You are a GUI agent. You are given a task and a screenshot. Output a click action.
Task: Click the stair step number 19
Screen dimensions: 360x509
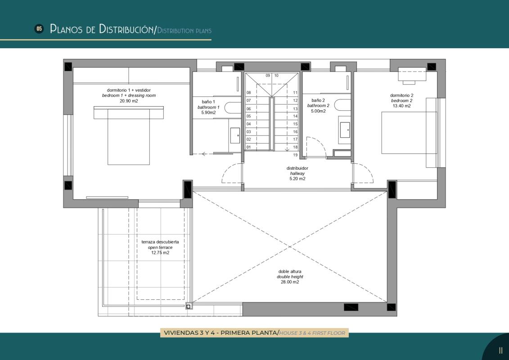coord(295,155)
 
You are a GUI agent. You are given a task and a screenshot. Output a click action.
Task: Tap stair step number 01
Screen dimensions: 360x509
coord(248,147)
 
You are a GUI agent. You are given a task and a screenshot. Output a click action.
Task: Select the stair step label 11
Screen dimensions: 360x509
coord(295,93)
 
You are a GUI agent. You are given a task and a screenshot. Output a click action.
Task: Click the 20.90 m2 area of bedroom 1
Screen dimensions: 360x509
coord(129,101)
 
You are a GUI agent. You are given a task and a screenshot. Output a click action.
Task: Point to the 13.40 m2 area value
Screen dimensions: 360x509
coord(401,106)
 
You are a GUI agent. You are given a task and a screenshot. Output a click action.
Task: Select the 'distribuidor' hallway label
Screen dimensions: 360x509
coord(297,168)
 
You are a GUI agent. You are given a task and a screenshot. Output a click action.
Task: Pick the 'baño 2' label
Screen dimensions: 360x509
coord(318,100)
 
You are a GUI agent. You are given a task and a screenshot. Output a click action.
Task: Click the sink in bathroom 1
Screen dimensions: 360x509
coord(235,135)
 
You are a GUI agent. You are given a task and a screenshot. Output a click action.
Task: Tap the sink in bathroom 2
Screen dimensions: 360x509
coord(345,130)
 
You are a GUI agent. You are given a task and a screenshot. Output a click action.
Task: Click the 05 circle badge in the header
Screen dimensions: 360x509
coord(39,29)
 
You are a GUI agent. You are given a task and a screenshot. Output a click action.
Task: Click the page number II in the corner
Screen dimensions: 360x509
coord(500,351)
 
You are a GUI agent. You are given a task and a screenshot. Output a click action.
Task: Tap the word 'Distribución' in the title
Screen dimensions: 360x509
coord(126,29)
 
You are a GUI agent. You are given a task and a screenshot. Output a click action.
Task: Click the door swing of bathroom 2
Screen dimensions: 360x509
coord(316,147)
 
